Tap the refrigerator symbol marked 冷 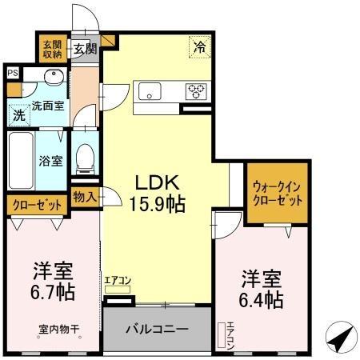199,48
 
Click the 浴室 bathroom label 51,160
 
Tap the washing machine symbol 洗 18,115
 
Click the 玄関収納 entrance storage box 53,49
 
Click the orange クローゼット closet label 37,205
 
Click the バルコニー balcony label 158,330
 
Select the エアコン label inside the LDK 117,280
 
